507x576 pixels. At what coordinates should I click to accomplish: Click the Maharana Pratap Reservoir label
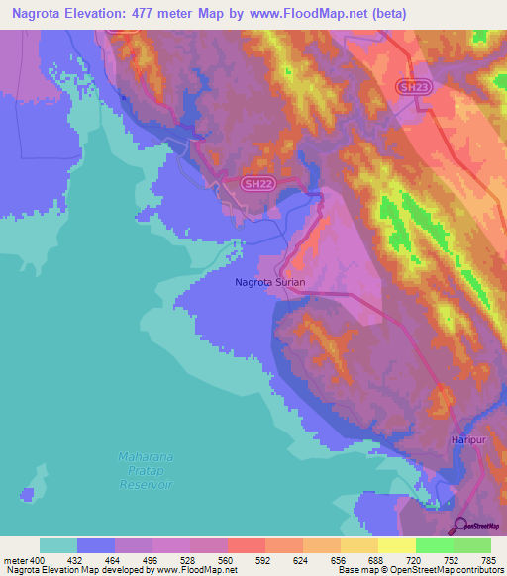pyautogui.click(x=146, y=470)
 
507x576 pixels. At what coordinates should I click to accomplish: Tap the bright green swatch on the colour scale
pyautogui.click(x=434, y=545)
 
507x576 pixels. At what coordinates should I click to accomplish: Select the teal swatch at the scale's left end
pyautogui.click(x=57, y=545)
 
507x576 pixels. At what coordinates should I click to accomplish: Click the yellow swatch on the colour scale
pyautogui.click(x=396, y=545)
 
